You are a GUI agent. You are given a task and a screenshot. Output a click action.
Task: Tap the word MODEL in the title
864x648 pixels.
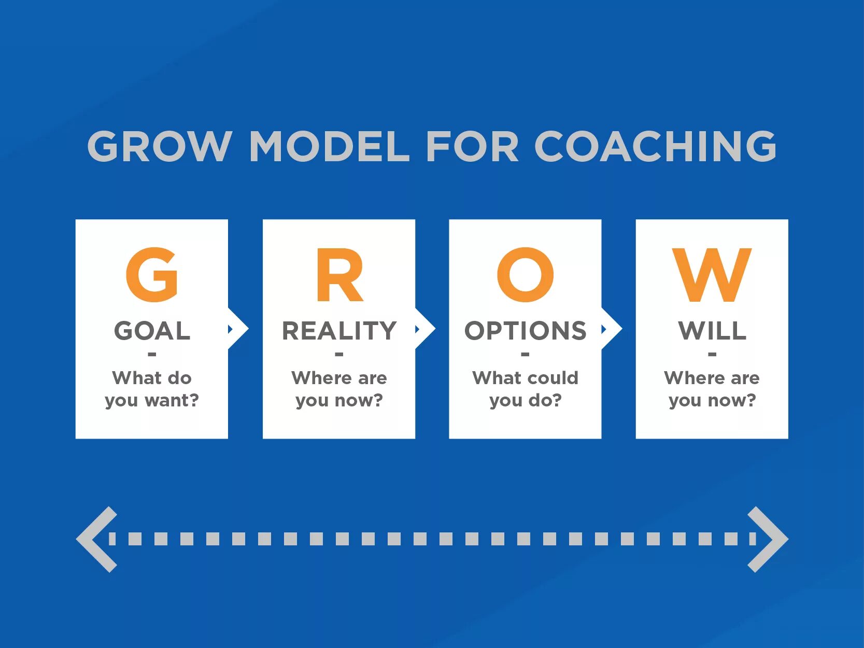[330, 146]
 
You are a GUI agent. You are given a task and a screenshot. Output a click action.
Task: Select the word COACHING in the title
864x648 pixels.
[655, 146]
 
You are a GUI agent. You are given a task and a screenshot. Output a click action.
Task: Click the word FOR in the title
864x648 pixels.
[472, 146]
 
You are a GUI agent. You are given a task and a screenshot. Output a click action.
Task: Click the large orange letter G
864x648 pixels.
[152, 275]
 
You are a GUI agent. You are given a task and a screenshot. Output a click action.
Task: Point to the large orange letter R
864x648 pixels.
[339, 275]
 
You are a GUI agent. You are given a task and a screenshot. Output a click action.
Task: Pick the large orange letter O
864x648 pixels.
[525, 275]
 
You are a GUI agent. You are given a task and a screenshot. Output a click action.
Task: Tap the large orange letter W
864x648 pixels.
[712, 275]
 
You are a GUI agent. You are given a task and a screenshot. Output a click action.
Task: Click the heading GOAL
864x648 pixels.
[152, 331]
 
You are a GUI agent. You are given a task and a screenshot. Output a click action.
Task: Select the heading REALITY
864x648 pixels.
[339, 331]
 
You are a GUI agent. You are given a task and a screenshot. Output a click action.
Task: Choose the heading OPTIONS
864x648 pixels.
[525, 331]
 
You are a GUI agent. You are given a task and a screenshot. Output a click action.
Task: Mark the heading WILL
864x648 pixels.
[712, 331]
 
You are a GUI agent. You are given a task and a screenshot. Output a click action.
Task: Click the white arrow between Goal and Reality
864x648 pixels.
[238, 329]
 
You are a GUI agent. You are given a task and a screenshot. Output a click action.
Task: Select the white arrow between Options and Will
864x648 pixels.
[612, 329]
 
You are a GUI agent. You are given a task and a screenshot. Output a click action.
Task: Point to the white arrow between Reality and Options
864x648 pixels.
[425, 329]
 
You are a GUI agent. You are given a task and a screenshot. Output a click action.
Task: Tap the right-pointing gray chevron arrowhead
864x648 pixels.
[767, 539]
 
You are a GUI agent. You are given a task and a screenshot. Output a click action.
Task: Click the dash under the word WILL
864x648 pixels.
[712, 355]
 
